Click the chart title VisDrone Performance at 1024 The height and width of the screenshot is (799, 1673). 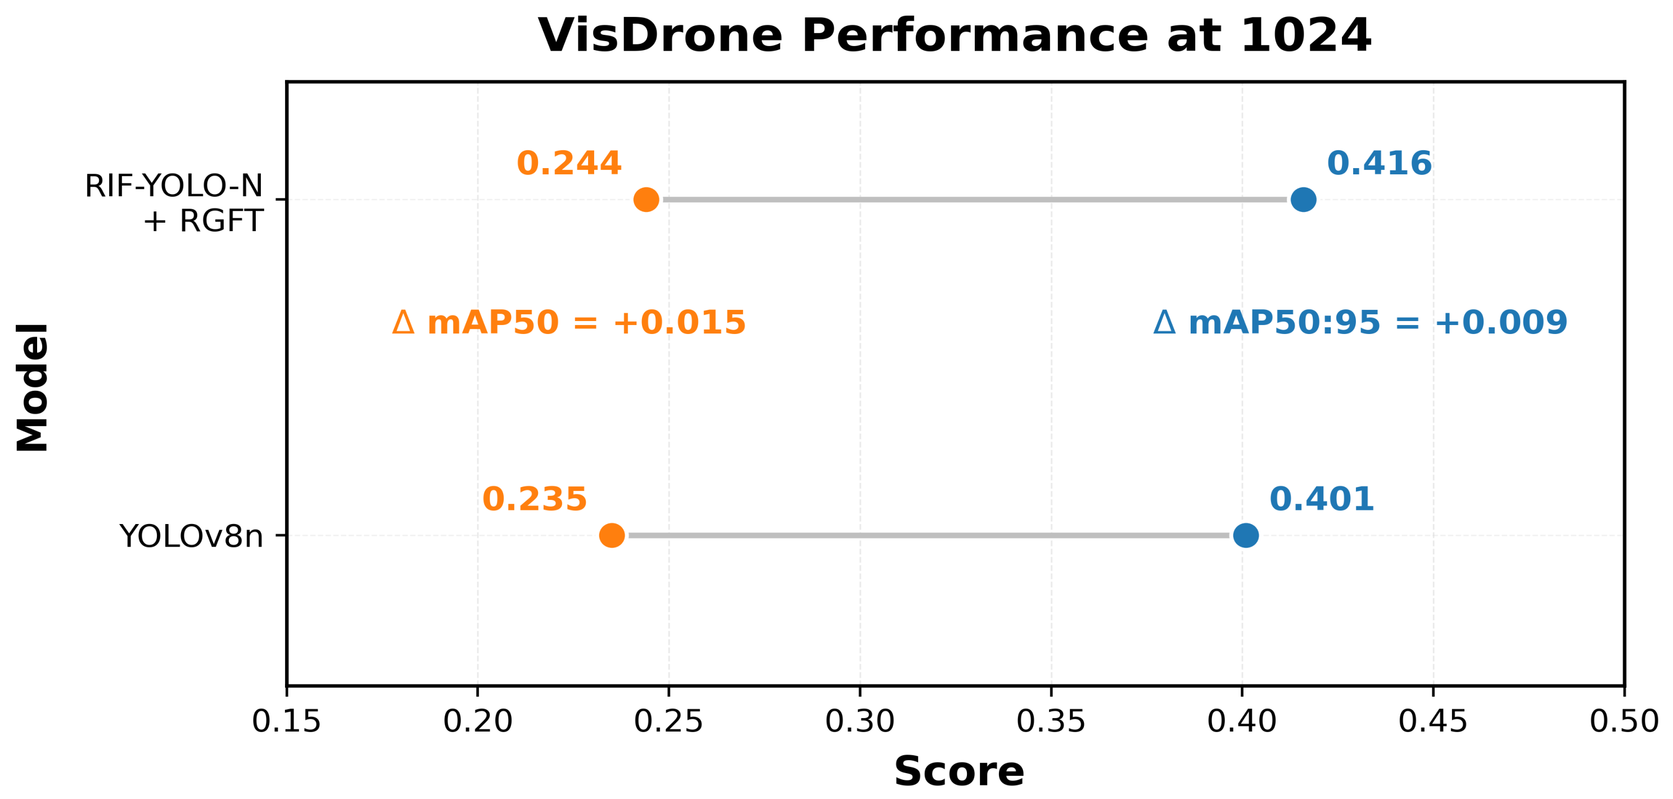point(955,36)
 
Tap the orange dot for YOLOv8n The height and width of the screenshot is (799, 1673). point(612,535)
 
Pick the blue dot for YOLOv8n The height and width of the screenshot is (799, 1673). point(1246,535)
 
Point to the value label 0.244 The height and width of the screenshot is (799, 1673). point(569,163)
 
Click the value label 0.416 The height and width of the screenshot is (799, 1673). point(1380,163)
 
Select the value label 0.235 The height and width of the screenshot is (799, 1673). point(535,499)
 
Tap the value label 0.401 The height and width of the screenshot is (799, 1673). point(1322,499)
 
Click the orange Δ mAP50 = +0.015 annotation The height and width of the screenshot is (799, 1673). point(569,323)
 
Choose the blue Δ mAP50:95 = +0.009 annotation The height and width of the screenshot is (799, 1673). point(1360,323)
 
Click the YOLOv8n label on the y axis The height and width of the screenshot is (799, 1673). point(191,536)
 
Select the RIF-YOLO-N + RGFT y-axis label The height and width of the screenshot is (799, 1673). point(174,204)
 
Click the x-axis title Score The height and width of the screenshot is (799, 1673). point(958,771)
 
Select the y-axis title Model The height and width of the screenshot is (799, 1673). point(33,387)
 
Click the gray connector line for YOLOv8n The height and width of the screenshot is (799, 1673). point(929,535)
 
